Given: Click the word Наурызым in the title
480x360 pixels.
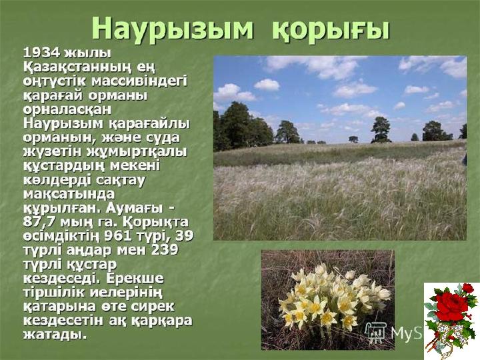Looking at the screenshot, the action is (x=173, y=29).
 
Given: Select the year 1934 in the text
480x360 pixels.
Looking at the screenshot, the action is (x=41, y=53).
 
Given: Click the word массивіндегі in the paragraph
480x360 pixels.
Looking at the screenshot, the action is (x=139, y=81).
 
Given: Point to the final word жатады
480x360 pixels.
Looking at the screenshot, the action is (x=53, y=334).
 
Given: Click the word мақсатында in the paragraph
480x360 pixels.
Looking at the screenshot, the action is (x=69, y=195).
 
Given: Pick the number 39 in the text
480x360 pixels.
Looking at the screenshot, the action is (x=184, y=236).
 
